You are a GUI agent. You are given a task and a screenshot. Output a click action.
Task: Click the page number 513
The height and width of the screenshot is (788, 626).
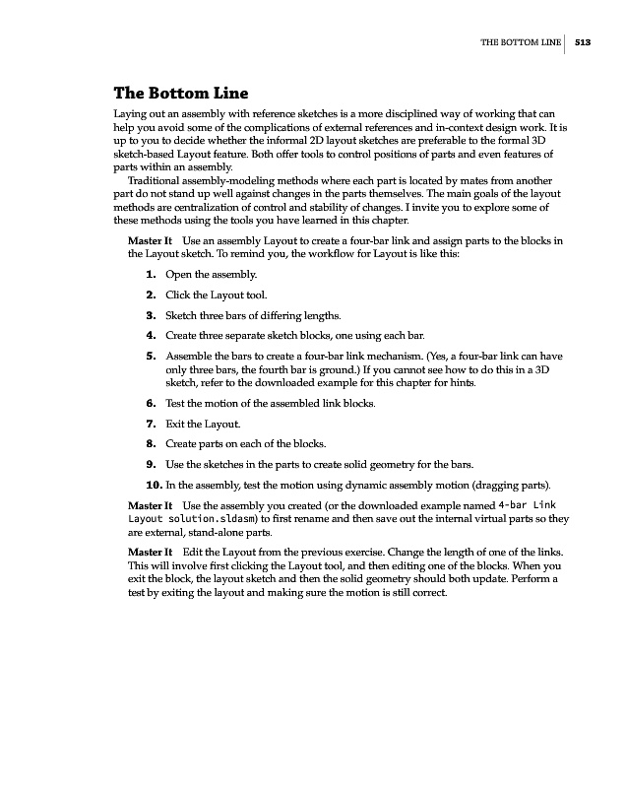(x=582, y=42)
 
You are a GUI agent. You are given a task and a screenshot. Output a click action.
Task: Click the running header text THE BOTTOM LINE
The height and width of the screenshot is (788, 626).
(x=520, y=42)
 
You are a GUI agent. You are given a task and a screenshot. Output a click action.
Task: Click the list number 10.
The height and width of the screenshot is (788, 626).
(x=153, y=485)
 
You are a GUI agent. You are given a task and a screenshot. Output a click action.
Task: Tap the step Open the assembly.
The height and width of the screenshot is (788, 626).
(x=212, y=274)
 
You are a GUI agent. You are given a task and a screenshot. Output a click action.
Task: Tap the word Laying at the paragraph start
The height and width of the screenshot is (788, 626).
(x=131, y=115)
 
